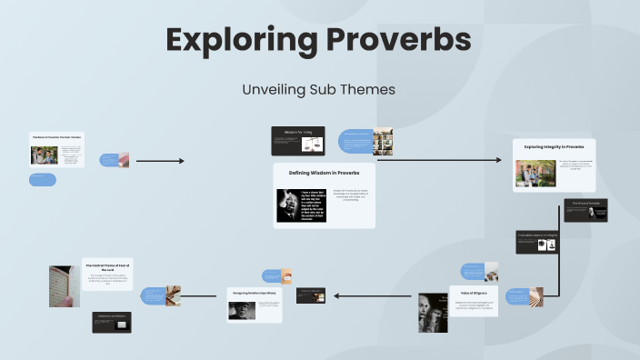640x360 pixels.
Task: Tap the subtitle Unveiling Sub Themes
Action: (318, 90)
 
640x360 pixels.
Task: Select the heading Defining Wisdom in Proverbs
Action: (325, 172)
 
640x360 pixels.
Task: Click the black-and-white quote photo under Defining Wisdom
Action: (301, 205)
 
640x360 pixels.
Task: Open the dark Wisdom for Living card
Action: (298, 140)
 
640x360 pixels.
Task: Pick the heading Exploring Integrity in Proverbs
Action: (554, 145)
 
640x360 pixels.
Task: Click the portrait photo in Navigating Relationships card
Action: (242, 311)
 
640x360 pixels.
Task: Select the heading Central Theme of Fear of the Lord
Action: (108, 265)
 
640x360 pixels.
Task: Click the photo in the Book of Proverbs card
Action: (44, 155)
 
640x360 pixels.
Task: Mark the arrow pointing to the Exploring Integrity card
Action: (438, 160)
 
